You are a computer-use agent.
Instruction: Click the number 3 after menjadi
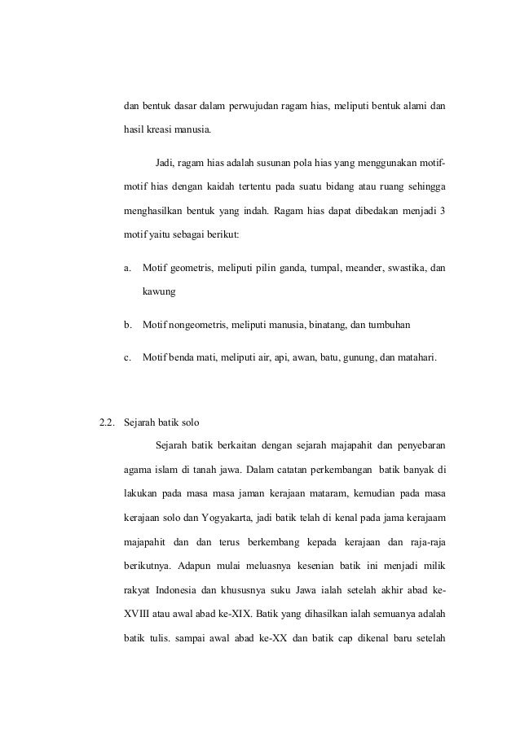point(443,210)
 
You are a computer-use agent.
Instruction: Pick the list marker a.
point(126,267)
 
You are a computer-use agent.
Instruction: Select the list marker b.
point(126,325)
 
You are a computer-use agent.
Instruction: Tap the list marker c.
point(126,356)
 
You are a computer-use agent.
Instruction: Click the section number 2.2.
point(106,422)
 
